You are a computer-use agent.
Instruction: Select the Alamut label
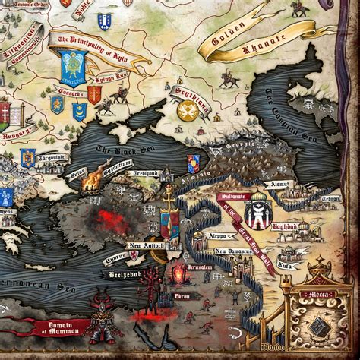pos(276,183)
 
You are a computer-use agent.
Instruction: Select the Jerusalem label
pos(200,268)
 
